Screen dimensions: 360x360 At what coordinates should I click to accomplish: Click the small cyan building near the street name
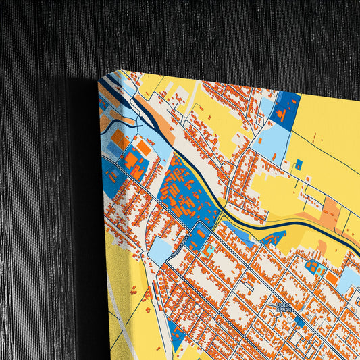(211, 249)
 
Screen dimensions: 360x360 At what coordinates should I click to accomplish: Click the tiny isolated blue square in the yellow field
(298, 163)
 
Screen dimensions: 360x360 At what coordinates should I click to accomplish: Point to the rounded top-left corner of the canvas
(103, 82)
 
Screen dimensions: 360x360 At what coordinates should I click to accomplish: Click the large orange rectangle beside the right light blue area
(332, 278)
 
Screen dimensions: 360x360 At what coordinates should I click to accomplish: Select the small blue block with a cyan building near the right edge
(313, 267)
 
